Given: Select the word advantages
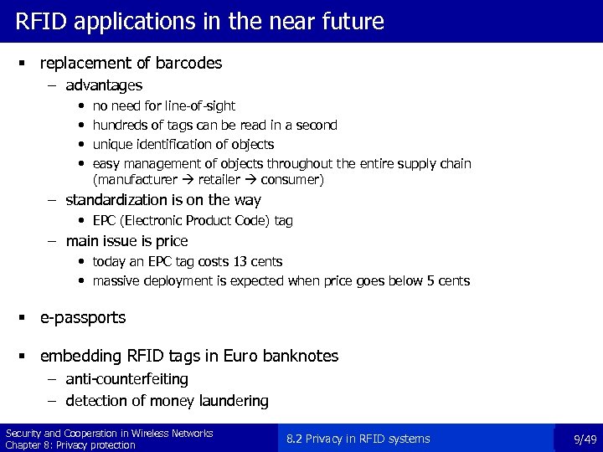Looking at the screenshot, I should coord(104,85).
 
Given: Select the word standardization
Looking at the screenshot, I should coord(121,200).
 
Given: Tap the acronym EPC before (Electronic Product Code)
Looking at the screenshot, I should coord(105,221).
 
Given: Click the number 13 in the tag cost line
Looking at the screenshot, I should coord(237,262).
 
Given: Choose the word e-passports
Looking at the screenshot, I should coord(83,318).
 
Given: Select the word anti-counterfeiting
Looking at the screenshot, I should coord(126,379).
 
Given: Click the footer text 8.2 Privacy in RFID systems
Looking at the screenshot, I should coord(358,439).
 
